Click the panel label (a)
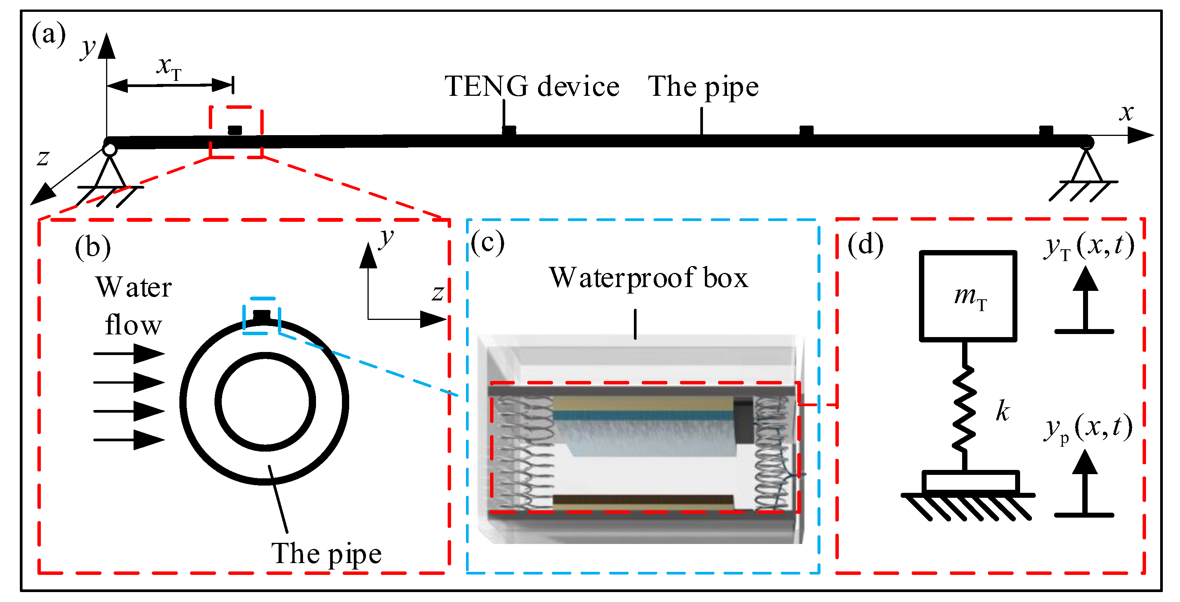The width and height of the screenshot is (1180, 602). (48, 35)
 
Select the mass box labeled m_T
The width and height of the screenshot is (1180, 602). (967, 296)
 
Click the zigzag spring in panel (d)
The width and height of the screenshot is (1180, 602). (964, 408)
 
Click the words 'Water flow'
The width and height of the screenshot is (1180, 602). (133, 306)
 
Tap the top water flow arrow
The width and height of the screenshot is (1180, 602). (129, 353)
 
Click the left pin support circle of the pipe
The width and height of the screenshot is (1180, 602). (110, 149)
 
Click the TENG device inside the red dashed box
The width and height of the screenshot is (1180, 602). (235, 130)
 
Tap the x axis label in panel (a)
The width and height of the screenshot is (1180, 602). (1126, 113)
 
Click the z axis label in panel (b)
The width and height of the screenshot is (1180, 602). (437, 294)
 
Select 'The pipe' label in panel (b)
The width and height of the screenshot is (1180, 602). (326, 554)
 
